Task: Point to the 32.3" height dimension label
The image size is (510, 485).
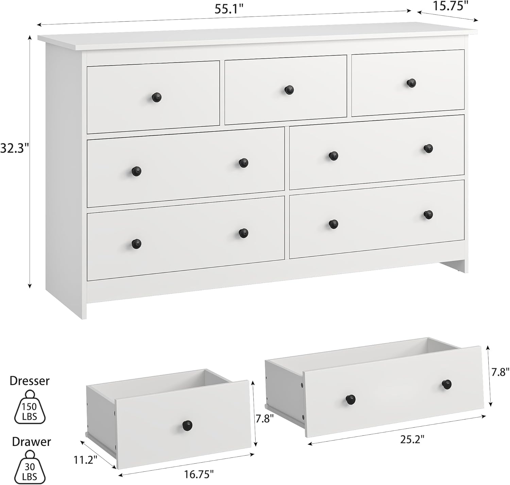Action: [x=14, y=148]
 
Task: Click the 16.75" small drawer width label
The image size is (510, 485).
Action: [x=199, y=474]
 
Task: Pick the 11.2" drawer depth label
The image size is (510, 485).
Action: [x=85, y=460]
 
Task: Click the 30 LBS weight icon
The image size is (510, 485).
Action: [x=30, y=467]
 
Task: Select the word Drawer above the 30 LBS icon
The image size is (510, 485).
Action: [x=31, y=442]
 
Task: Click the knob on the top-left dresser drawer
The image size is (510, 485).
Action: [x=156, y=97]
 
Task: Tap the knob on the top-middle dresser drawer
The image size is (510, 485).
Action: [x=289, y=90]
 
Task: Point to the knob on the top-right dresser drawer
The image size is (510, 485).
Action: [x=411, y=83]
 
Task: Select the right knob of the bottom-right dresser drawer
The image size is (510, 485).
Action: [x=428, y=214]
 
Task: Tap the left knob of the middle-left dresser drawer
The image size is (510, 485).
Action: [x=136, y=171]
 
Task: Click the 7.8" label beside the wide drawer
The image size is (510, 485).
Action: [x=500, y=373]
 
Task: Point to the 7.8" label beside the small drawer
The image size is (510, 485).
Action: [x=264, y=418]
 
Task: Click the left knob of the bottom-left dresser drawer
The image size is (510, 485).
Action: [x=136, y=243]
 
